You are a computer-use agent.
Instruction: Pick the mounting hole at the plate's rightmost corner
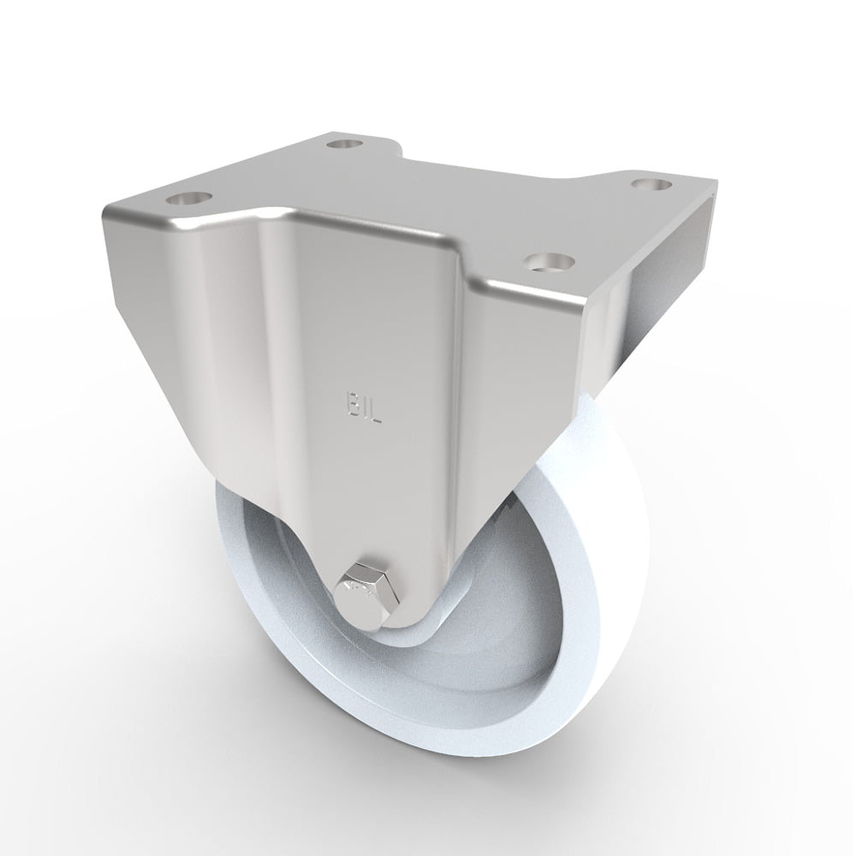pyautogui.click(x=651, y=182)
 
